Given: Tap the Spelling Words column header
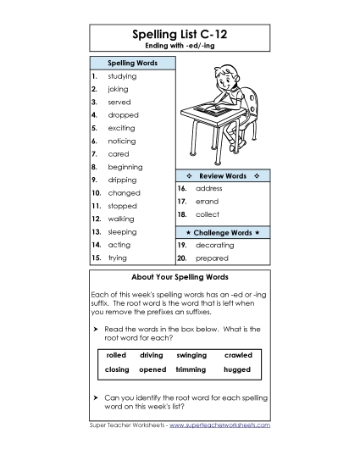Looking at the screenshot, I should tap(131, 64).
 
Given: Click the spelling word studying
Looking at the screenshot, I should tap(122, 76).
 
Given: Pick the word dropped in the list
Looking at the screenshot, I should tap(123, 115).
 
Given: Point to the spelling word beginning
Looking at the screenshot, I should tap(125, 167).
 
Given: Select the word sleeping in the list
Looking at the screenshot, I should tap(123, 231).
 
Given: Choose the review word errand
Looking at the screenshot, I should tap(207, 202).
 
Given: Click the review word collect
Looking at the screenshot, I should tap(207, 214).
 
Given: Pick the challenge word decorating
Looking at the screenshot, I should tap(213, 245).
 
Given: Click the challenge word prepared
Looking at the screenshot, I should tap(211, 258).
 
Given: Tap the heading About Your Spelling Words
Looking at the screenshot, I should tap(180, 277).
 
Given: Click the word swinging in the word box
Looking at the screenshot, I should tap(191, 355).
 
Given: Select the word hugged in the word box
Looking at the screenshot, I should tap(237, 370).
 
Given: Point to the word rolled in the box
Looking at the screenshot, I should tap(115, 355).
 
